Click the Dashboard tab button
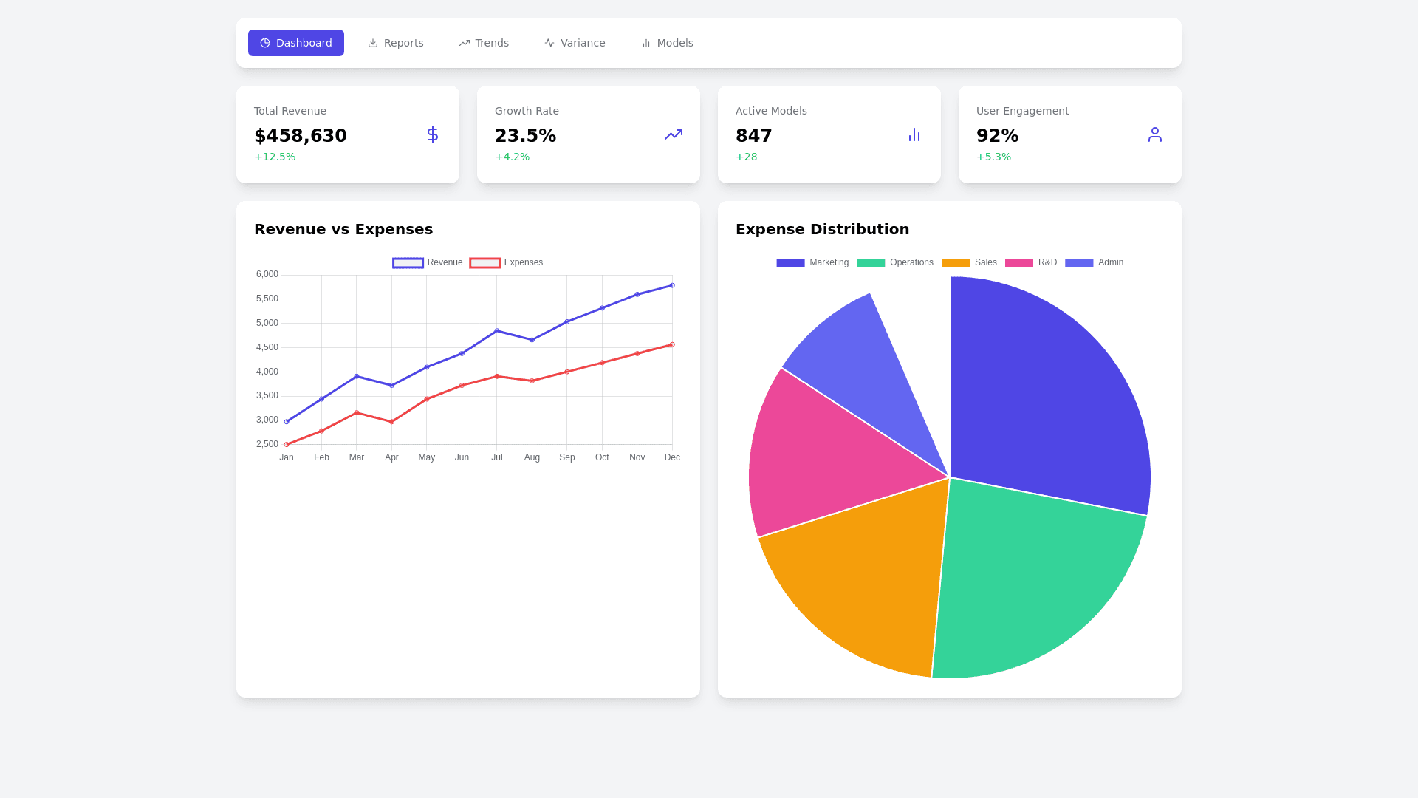click(296, 43)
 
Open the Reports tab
click(396, 43)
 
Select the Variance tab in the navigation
click(575, 43)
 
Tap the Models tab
click(667, 43)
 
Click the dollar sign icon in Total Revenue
click(433, 134)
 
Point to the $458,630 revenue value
click(301, 136)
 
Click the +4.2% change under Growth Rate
click(512, 157)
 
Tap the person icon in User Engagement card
click(1155, 134)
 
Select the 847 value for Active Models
click(754, 136)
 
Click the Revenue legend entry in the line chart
click(428, 262)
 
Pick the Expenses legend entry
click(507, 262)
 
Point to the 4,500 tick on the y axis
click(267, 347)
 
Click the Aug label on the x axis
click(532, 457)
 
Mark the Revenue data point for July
click(497, 331)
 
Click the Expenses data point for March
click(357, 413)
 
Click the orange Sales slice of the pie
click(857, 576)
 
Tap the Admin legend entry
click(1094, 262)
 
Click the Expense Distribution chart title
click(822, 229)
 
